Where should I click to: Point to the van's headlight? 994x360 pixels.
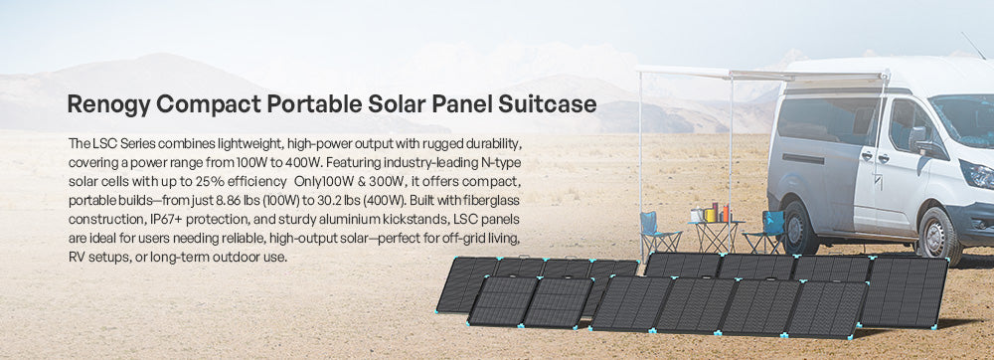tap(977, 174)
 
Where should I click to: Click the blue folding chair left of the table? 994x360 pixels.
tap(658, 233)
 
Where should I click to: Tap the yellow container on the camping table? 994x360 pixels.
tap(710, 216)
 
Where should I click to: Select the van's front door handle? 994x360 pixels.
tap(883, 158)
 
